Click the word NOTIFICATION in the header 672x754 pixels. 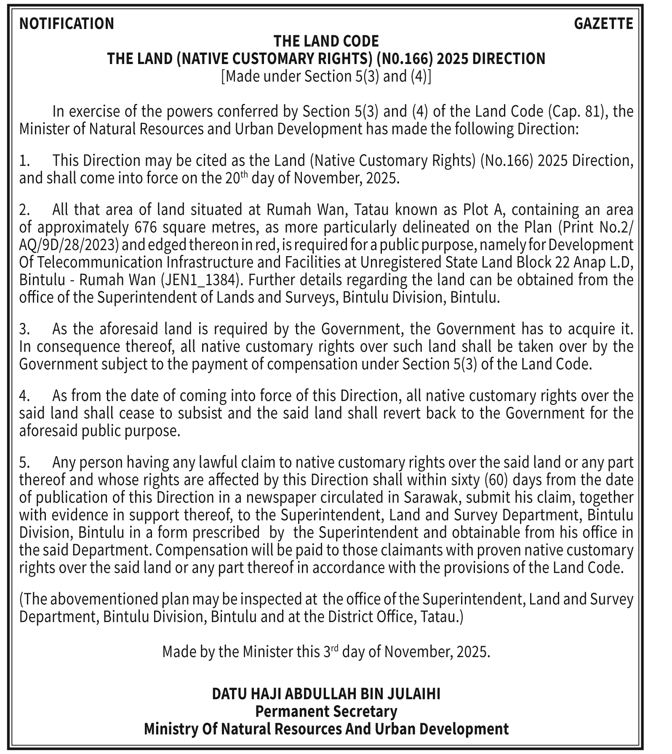click(67, 24)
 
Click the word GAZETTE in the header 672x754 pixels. click(603, 24)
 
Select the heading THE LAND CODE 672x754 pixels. click(326, 41)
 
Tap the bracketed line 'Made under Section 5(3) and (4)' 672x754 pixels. click(326, 77)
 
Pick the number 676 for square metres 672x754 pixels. click(146, 227)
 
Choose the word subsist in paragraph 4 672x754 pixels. click(200, 413)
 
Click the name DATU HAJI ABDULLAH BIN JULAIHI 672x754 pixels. click(326, 694)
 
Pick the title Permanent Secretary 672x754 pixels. click(326, 711)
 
